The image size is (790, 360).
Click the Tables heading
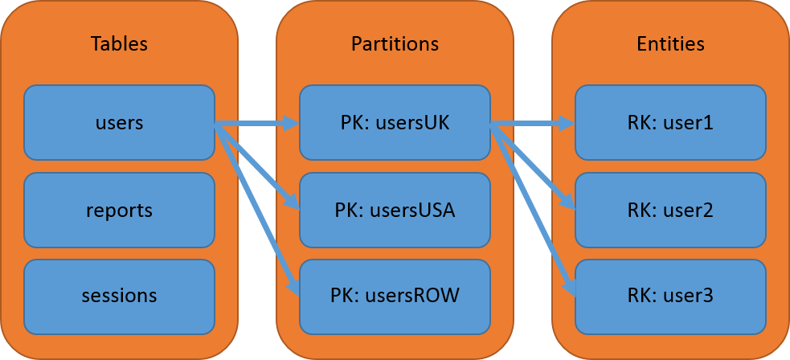119,43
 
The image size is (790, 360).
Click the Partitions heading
395,43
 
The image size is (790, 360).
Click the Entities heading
670,43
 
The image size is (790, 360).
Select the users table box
119,123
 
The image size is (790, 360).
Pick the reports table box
119,210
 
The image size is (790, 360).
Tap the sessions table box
119,295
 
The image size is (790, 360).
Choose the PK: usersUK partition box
395,123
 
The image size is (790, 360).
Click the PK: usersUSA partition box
395,210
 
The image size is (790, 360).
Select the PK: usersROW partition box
395,295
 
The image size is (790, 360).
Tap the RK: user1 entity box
670,123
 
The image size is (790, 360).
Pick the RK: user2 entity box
670,210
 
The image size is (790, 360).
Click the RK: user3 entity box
670,295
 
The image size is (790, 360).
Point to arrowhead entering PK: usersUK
292,124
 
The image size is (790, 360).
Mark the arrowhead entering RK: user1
567,124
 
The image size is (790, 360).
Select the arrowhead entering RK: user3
570,288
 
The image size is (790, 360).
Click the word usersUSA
412,211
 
